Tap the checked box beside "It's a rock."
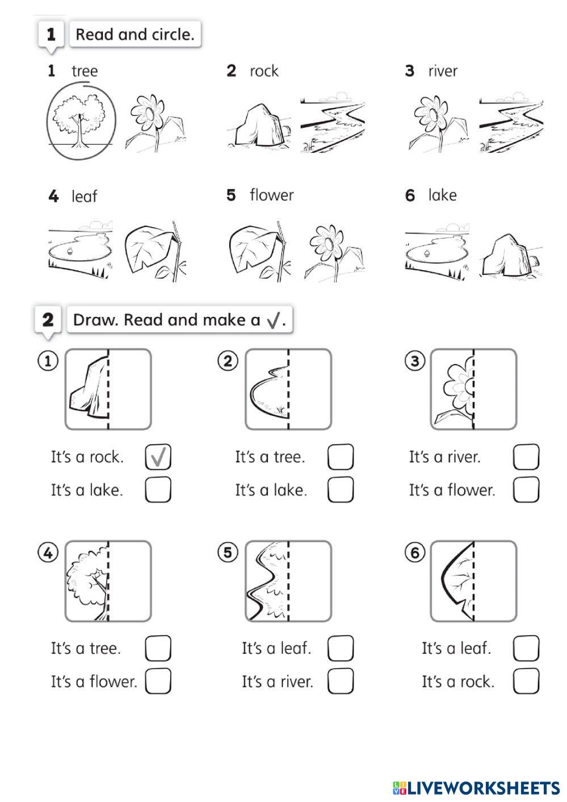(x=158, y=457)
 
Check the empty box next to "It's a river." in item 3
(x=526, y=457)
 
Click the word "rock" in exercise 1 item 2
(x=264, y=71)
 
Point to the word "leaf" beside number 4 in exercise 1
(x=84, y=196)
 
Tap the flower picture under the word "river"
(x=439, y=123)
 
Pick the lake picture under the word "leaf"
(x=81, y=250)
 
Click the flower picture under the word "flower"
(x=333, y=253)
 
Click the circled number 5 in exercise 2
(x=228, y=553)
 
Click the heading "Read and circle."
(x=135, y=35)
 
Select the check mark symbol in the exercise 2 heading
(x=273, y=320)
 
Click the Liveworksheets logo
(x=476, y=788)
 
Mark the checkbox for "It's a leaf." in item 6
(x=526, y=648)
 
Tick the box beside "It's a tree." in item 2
(x=341, y=457)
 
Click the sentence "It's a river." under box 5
(x=278, y=682)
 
